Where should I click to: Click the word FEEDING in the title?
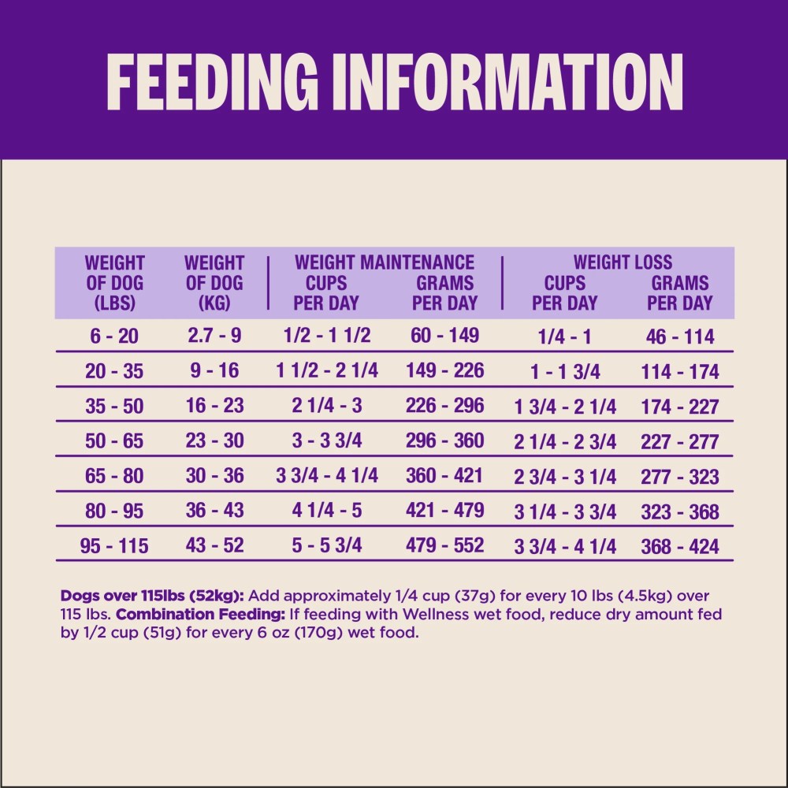click(x=211, y=81)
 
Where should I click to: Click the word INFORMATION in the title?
click(x=506, y=81)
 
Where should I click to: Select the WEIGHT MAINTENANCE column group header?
click(x=385, y=262)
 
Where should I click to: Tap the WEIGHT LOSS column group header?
click(x=623, y=262)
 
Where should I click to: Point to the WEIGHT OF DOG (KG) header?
click(x=214, y=283)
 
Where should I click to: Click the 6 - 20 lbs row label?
click(x=114, y=336)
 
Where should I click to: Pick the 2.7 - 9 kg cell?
click(x=214, y=335)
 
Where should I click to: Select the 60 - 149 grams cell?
click(x=444, y=335)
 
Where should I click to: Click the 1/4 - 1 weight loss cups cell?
click(x=564, y=336)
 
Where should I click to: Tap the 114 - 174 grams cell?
click(x=680, y=372)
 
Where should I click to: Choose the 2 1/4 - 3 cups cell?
click(x=327, y=406)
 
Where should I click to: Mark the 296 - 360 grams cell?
click(x=444, y=440)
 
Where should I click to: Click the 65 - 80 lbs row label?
click(x=114, y=476)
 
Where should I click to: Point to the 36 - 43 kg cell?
click(x=214, y=511)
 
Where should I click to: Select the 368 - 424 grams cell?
click(x=680, y=547)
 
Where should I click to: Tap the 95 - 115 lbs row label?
click(x=114, y=546)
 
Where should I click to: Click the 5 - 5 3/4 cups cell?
click(x=327, y=545)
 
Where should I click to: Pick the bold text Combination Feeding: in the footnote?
click(x=201, y=614)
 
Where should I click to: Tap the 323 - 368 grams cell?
click(x=680, y=512)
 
